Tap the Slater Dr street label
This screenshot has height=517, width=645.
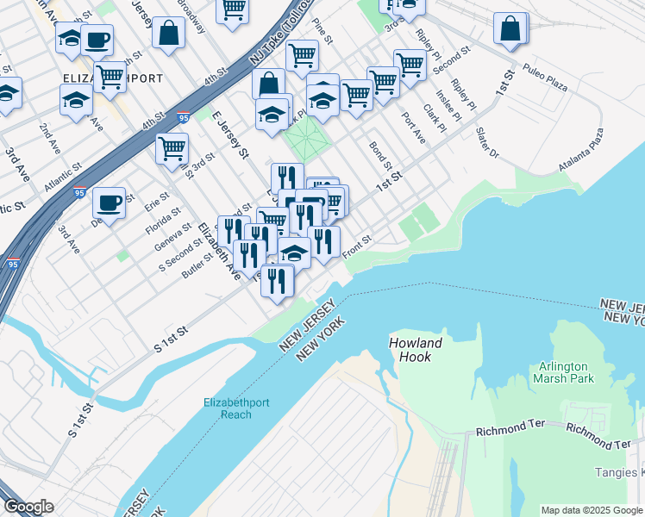[487, 142]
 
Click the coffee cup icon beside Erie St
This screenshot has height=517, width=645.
[109, 203]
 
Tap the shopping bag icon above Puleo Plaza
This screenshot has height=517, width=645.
[510, 28]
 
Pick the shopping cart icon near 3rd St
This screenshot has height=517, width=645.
[172, 148]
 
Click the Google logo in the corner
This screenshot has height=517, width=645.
[28, 507]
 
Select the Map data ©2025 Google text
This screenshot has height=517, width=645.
[592, 510]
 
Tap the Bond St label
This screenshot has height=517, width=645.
[380, 156]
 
